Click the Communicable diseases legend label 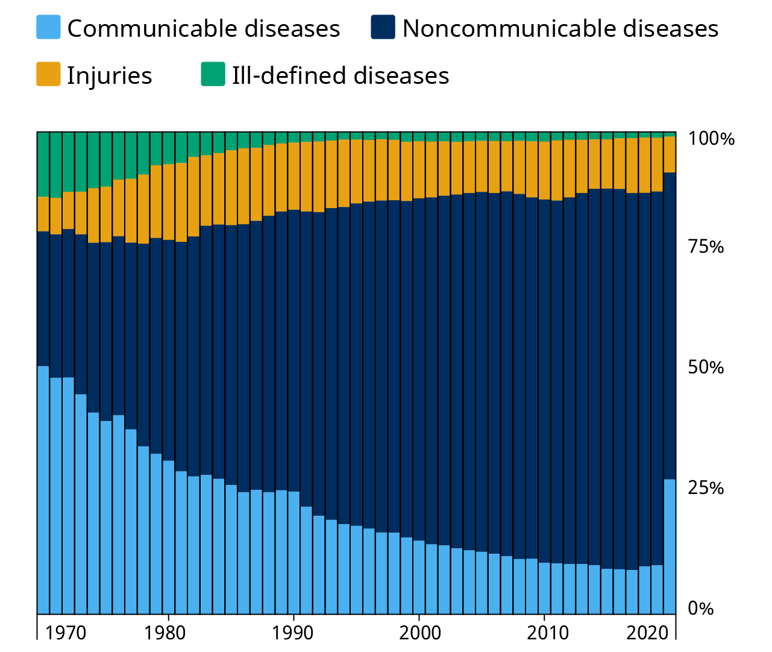click(203, 29)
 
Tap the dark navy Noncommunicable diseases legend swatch click(383, 28)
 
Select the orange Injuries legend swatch click(48, 75)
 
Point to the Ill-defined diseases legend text click(340, 76)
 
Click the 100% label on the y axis click(712, 139)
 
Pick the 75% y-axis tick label click(706, 247)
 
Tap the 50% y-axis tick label click(706, 367)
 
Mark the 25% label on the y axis click(706, 487)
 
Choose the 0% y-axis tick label click(700, 608)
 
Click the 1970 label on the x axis click(66, 633)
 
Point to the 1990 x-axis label click(292, 633)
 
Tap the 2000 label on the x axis click(420, 633)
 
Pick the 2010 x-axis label click(548, 633)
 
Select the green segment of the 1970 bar click(68, 162)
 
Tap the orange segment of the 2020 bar click(644, 165)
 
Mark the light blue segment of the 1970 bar click(68, 495)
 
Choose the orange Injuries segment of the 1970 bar click(68, 210)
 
